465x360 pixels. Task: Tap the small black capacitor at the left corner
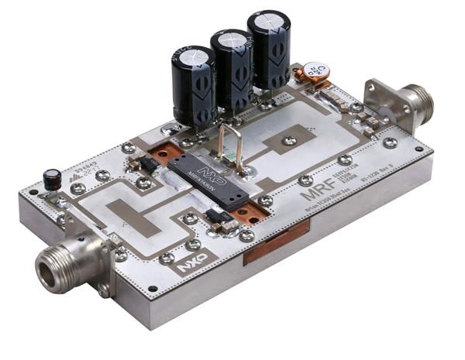click(52, 180)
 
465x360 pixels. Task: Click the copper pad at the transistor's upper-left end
click(164, 155)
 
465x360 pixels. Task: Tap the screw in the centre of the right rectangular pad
click(289, 141)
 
